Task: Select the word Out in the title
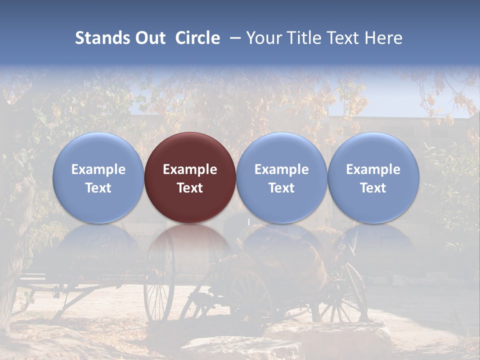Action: (x=150, y=38)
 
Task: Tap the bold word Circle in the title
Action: (x=197, y=38)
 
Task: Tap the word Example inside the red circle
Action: (x=190, y=169)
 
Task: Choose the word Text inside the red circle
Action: (x=190, y=188)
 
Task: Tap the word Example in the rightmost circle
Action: (x=373, y=169)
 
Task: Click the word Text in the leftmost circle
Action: (x=98, y=188)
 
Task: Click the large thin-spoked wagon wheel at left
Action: (x=159, y=280)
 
